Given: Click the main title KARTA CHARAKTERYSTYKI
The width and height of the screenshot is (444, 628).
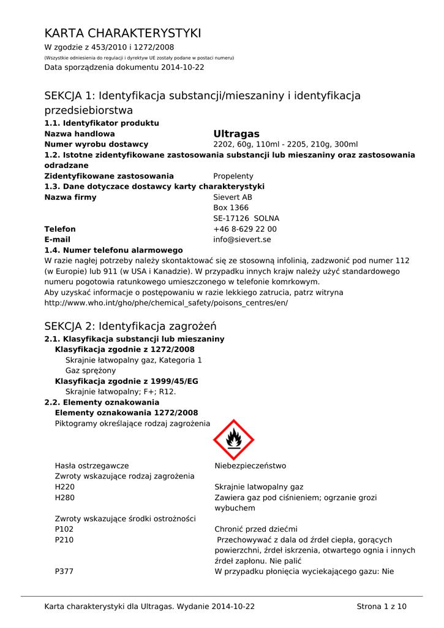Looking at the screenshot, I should [x=122, y=33].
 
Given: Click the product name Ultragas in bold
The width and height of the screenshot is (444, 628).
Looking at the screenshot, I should [x=236, y=134].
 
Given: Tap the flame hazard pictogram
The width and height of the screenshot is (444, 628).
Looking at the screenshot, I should [x=233, y=439].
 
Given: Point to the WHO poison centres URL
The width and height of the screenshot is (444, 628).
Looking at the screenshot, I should [x=166, y=303].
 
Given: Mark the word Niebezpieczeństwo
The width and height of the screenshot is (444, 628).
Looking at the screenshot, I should [x=250, y=466].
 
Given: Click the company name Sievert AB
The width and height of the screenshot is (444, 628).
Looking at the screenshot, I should [x=232, y=197].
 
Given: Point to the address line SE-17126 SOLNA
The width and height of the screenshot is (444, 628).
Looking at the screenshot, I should [x=246, y=218].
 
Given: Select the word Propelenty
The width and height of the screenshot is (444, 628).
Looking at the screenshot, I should [x=233, y=176].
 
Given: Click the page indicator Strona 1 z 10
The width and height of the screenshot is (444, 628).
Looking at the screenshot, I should [x=381, y=607].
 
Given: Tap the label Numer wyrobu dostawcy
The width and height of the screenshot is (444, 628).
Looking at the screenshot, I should [x=96, y=144].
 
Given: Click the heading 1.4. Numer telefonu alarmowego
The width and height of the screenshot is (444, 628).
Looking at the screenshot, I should [x=113, y=250].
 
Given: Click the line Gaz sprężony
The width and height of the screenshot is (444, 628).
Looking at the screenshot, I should [x=91, y=370].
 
